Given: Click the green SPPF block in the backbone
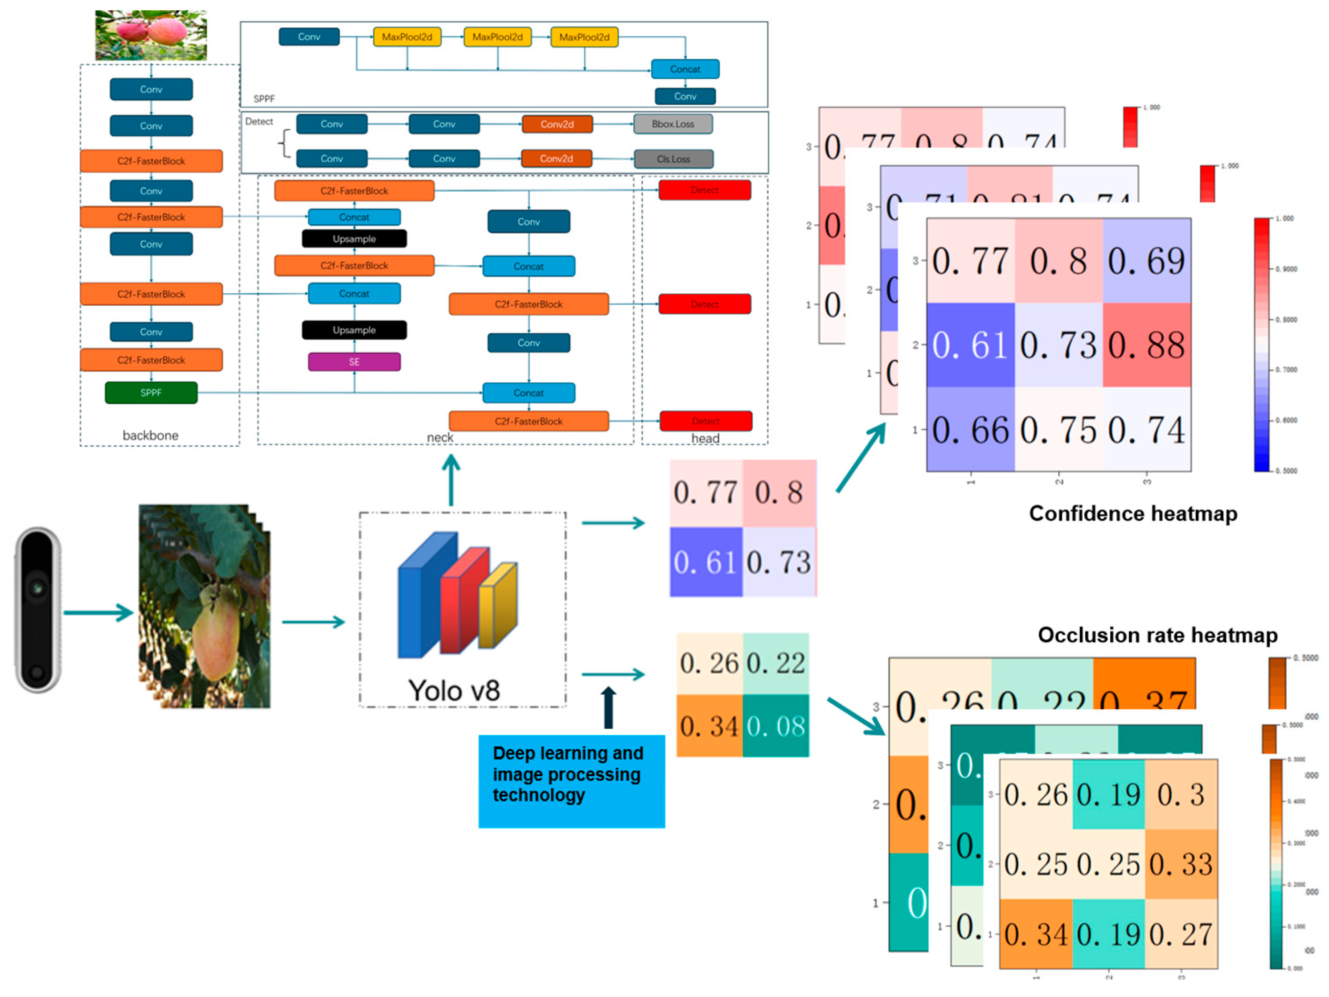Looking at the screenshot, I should point(151,393).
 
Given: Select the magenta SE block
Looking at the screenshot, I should point(354,362).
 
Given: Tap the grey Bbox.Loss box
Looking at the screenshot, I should point(673,124).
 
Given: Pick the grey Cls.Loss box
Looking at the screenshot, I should point(673,159).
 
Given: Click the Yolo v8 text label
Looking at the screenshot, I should point(454,690).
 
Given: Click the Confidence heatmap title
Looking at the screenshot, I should point(1132,513).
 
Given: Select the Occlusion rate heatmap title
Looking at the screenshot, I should point(1157,635).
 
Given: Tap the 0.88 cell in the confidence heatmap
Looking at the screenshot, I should point(1146,345).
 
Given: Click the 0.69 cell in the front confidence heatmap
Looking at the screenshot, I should point(1146,261).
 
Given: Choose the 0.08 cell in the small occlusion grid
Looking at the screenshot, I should point(775,726).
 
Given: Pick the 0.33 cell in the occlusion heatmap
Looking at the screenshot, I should point(1181,864).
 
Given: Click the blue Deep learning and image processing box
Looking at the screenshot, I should point(571,781).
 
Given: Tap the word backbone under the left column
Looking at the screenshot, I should point(150,435).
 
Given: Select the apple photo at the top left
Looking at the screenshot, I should point(151,35).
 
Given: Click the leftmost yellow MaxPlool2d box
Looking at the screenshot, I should point(407,37).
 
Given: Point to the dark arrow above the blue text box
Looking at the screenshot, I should point(609,707).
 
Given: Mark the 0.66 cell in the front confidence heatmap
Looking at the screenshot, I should point(970,430).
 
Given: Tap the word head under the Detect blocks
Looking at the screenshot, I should point(705,438).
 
